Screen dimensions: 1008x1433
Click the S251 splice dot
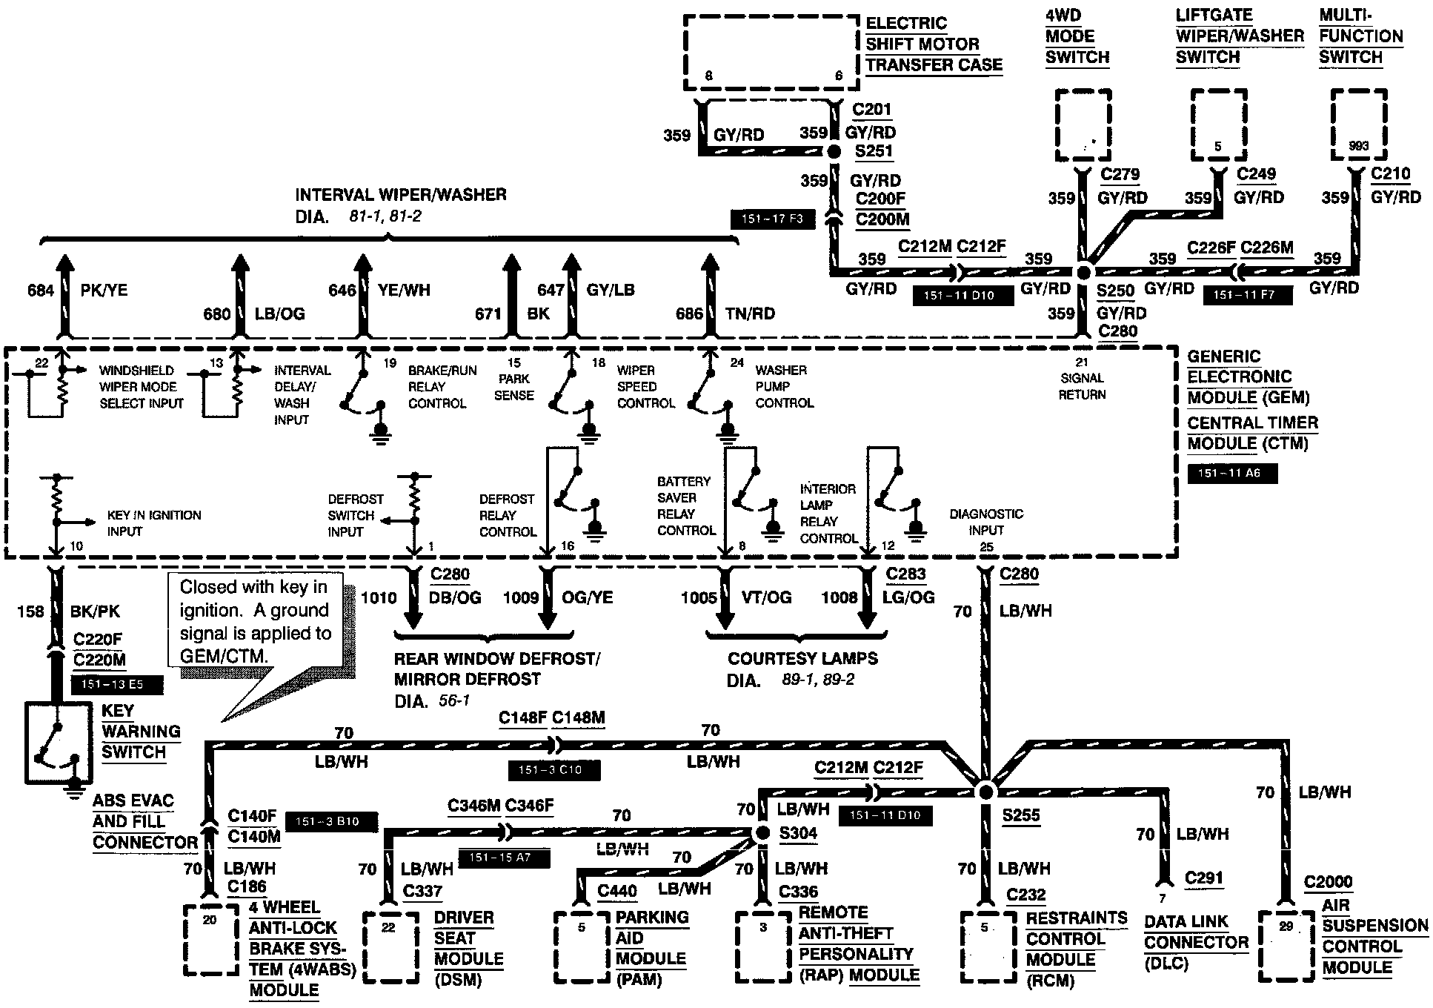834,151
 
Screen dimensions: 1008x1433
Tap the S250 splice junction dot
1084,272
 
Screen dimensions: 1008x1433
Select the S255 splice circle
985,792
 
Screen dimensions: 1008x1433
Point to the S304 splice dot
762,833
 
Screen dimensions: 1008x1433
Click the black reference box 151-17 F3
772,219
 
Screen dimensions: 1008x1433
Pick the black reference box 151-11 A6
1231,473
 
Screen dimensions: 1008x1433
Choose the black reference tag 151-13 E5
116,684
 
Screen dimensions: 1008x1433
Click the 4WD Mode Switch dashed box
1083,125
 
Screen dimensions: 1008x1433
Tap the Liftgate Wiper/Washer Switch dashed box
1219,125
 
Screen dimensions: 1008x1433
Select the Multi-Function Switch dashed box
1359,125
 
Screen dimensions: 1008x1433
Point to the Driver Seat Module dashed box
390,947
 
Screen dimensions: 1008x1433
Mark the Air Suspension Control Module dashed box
1286,946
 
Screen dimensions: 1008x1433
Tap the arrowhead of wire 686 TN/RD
710,263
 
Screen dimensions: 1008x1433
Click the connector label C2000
1328,882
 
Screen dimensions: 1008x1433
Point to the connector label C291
1203,878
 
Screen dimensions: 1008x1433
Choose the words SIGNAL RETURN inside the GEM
1082,386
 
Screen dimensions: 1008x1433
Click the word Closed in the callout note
210,588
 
